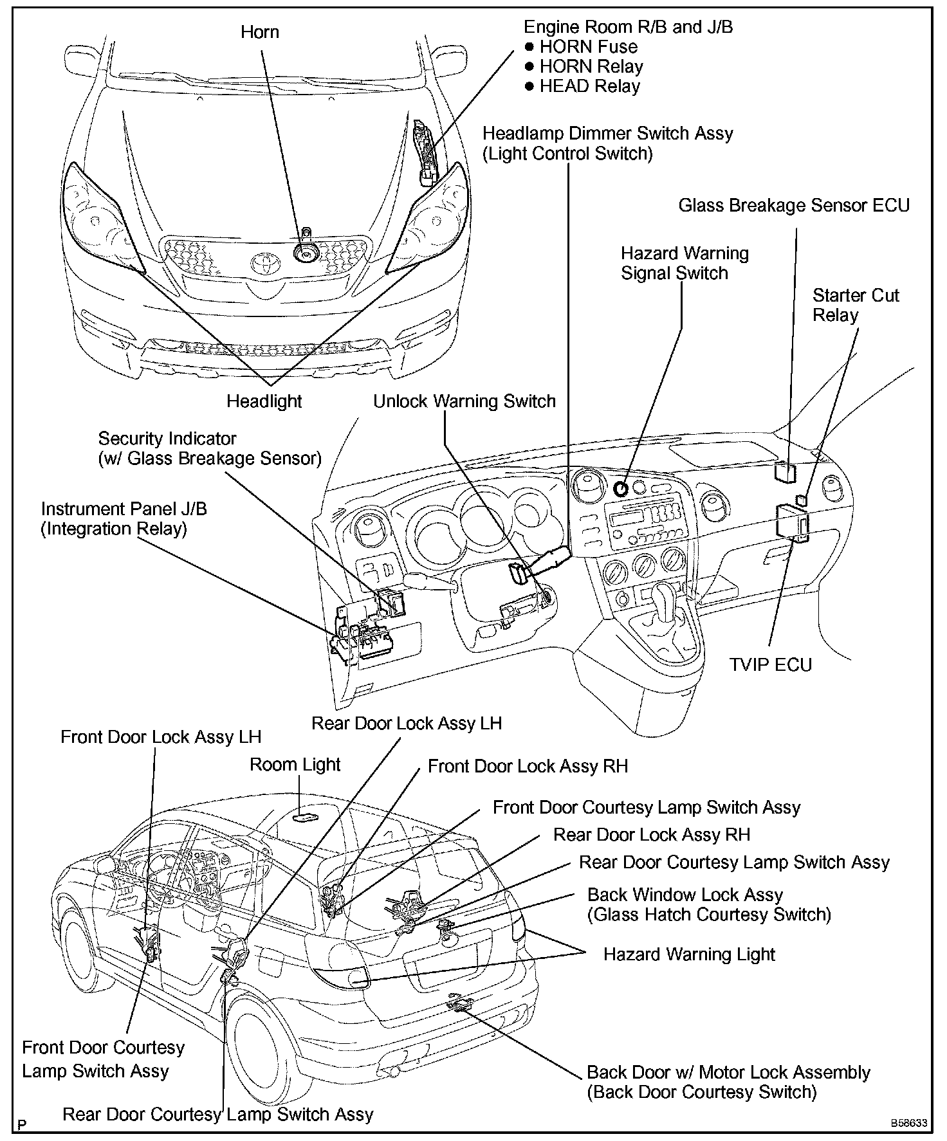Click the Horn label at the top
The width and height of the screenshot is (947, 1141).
(x=260, y=32)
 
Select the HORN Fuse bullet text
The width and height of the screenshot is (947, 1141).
(x=588, y=47)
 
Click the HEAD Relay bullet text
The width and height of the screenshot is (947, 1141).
(x=589, y=87)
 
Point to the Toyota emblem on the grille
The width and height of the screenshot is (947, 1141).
(x=262, y=262)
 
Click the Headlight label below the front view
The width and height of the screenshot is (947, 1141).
(x=264, y=401)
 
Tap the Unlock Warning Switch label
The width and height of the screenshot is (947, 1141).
(x=464, y=401)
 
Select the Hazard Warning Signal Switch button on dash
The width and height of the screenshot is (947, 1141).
(x=621, y=489)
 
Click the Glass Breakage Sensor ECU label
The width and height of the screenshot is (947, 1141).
(x=794, y=206)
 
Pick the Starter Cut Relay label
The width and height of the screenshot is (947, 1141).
(x=856, y=305)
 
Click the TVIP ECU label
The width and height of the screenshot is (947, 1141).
(x=770, y=664)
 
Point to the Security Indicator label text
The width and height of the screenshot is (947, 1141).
(x=167, y=439)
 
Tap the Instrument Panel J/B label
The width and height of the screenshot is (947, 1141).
(x=124, y=509)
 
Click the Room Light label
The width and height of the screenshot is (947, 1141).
(x=295, y=765)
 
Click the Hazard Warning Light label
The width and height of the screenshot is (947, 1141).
(x=689, y=954)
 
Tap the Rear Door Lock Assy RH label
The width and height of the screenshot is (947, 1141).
(x=652, y=835)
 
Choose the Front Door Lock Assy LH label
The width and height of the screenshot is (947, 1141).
(x=161, y=737)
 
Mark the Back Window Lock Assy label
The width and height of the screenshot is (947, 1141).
(x=685, y=895)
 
